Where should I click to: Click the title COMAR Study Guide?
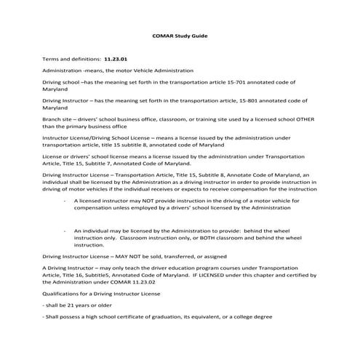179,35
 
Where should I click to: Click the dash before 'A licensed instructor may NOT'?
65,199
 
